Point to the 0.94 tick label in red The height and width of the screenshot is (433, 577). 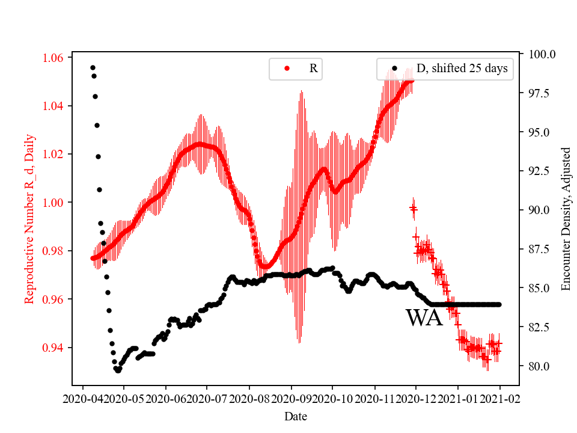(56, 348)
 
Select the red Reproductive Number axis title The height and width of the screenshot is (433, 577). (30, 219)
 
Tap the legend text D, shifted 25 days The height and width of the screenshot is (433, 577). (462, 69)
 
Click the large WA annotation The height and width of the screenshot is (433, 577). (424, 318)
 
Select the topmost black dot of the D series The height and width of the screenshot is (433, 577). (93, 67)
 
